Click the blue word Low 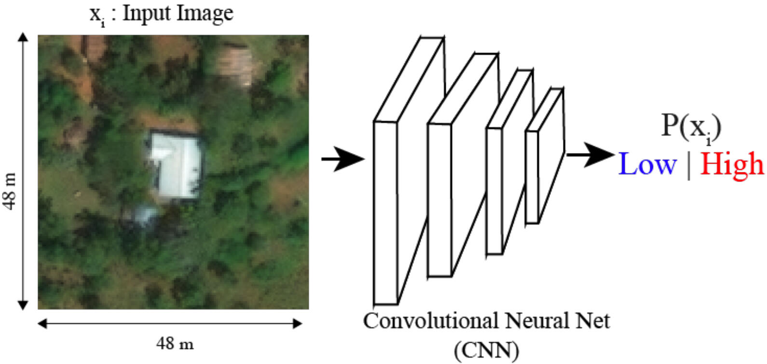[647, 164]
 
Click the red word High [732, 164]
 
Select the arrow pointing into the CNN [343, 158]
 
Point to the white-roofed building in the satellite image [176, 165]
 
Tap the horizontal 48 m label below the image [175, 344]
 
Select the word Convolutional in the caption [431, 321]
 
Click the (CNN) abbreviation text [486, 350]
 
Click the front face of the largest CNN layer [385, 212]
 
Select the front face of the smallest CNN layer [532, 177]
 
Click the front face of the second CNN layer [439, 200]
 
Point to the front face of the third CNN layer [494, 191]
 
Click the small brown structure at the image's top [234, 63]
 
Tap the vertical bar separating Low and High [689, 165]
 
